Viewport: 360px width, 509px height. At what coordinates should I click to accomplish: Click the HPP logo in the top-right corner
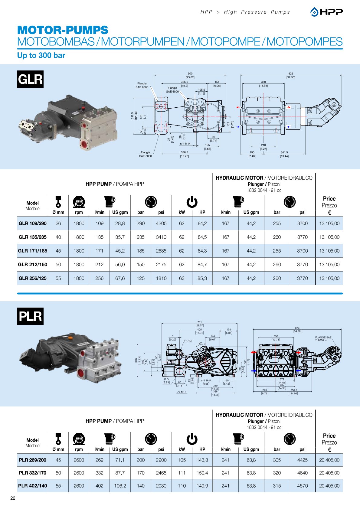326,12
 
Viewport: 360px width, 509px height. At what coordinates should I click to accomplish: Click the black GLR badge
30,79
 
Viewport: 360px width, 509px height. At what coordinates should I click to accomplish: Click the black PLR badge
30,316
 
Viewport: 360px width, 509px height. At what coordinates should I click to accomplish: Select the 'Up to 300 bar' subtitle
41,56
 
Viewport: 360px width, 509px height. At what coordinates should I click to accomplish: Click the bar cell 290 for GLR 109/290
141,224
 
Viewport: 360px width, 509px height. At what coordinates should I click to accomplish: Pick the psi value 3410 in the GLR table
161,237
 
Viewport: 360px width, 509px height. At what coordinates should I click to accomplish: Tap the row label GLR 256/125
33,278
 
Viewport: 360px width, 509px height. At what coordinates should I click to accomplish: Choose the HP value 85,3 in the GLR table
202,278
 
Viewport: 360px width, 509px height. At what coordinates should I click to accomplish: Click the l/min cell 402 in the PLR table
100,486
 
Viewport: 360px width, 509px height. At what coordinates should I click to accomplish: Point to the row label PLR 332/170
33,473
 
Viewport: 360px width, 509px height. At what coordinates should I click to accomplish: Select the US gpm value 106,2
120,486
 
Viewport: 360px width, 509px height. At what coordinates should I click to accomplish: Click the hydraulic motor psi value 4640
302,473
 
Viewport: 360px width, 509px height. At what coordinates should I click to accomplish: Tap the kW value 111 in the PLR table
182,473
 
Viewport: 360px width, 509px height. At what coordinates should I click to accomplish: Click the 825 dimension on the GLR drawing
291,73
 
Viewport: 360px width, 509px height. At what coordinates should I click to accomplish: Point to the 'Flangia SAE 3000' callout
146,154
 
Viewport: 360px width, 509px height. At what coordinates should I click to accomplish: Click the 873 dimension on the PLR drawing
297,328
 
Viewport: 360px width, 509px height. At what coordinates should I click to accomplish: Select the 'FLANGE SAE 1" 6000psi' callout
323,339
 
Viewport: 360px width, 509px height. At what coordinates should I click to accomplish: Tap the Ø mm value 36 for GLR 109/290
58,224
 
